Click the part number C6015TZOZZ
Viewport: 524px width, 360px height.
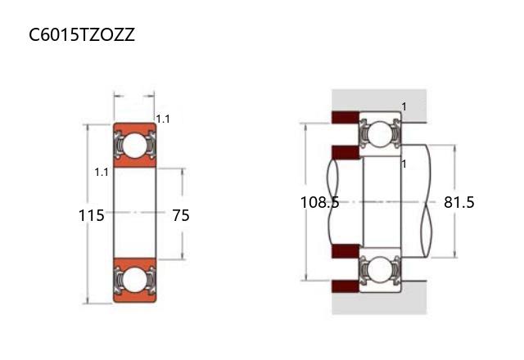pos(82,34)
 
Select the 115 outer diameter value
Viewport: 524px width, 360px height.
pos(91,215)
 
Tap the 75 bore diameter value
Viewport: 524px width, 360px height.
pos(181,215)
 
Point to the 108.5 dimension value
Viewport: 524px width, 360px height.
pos(320,202)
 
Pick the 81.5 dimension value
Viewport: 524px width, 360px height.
pos(458,202)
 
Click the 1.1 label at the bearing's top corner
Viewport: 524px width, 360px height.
pos(163,119)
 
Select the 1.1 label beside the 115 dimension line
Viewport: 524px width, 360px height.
pos(102,173)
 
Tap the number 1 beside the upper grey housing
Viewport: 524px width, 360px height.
pos(404,107)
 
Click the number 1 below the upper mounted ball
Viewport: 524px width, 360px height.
pos(404,164)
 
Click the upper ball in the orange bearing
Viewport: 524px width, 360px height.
pos(134,146)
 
